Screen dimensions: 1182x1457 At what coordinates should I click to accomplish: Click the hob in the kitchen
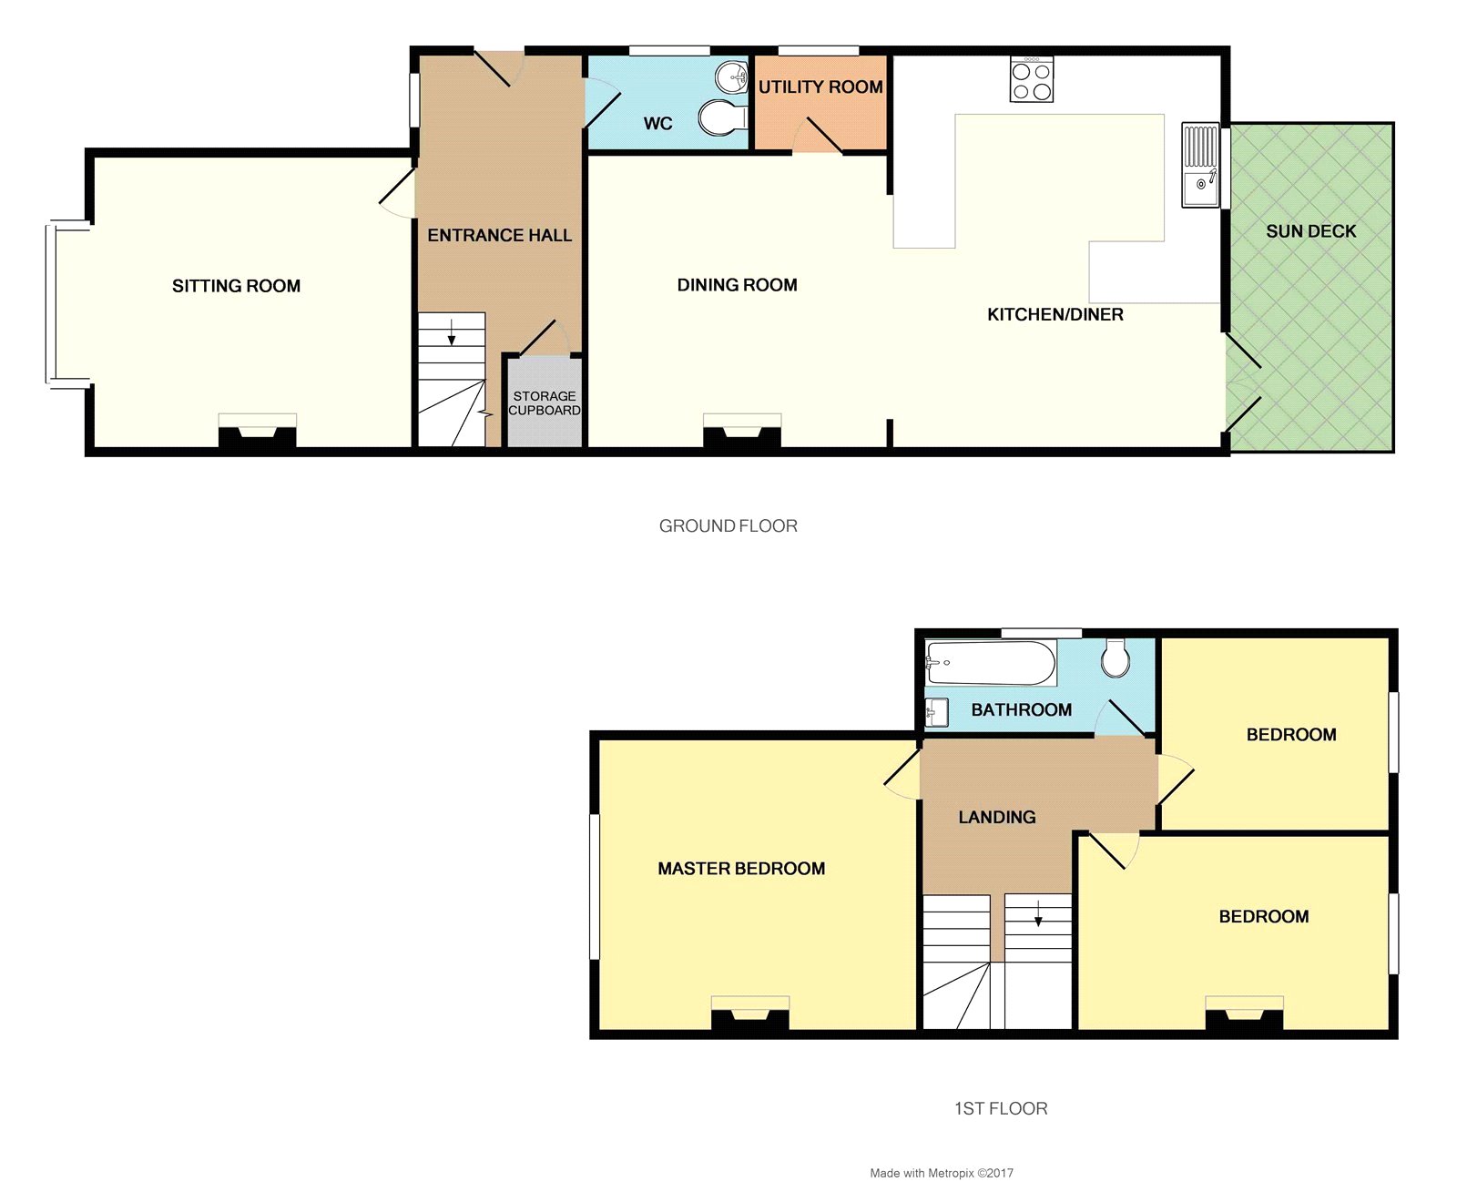point(1032,79)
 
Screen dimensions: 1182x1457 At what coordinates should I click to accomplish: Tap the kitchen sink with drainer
point(1200,165)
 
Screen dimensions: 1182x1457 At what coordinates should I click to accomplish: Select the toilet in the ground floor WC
point(722,117)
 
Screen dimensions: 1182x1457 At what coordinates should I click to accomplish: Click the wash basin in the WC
point(732,76)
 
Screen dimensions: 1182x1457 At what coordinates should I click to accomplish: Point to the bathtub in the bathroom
point(991,663)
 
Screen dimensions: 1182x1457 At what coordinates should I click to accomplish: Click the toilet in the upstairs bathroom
point(1116,657)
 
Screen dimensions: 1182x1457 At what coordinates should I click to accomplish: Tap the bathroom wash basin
point(936,712)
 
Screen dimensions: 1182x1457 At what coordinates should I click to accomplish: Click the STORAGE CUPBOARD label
point(545,403)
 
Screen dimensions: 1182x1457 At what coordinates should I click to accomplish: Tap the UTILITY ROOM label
point(820,87)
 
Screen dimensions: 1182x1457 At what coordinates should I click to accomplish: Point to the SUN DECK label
point(1310,231)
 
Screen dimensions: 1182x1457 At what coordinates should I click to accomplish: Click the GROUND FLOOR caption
point(728,525)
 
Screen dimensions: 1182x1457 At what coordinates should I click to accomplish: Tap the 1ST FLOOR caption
point(1000,1108)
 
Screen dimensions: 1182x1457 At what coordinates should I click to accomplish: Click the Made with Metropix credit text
point(941,1173)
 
